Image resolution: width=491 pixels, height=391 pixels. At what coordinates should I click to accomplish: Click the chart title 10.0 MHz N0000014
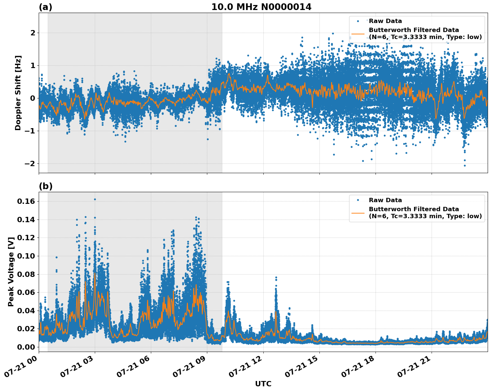(261, 7)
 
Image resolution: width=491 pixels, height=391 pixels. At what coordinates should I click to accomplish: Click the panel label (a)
(45, 7)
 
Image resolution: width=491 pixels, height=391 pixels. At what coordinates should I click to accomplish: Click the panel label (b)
(45, 186)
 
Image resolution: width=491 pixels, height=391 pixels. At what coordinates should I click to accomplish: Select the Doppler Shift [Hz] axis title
(18, 93)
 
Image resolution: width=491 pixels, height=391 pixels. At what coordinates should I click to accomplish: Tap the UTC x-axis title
(263, 384)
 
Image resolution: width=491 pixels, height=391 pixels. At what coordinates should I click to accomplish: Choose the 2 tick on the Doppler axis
(33, 33)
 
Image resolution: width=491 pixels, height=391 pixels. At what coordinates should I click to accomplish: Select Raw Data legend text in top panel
(385, 21)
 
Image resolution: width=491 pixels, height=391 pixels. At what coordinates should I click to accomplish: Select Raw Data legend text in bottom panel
(385, 200)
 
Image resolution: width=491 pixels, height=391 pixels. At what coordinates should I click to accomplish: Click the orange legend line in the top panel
(358, 34)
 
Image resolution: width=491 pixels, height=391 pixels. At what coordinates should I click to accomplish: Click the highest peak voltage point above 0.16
(95, 199)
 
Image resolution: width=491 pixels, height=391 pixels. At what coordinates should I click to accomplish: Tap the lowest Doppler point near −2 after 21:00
(465, 165)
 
